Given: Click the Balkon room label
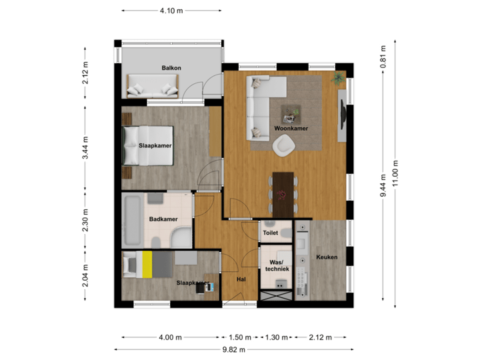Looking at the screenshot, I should click(x=171, y=68).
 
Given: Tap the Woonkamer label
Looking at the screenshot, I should click(x=291, y=129).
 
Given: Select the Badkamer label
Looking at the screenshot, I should click(x=163, y=217).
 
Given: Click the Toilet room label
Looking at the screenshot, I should click(x=270, y=234).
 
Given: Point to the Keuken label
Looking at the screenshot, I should click(x=327, y=257).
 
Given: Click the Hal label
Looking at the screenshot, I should click(x=241, y=279).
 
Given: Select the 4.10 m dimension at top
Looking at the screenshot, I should click(x=171, y=11).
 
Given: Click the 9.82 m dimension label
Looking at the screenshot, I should click(x=235, y=349).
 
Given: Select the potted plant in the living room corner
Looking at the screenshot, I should click(x=338, y=77).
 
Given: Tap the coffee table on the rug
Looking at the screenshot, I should click(x=291, y=113).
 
